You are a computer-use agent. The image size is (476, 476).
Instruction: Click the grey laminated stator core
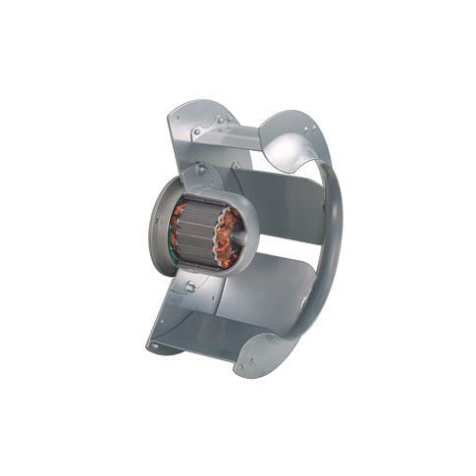point(196,236)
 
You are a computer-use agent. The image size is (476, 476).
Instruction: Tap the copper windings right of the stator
point(227,238)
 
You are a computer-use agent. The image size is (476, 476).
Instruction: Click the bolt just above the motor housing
point(201,169)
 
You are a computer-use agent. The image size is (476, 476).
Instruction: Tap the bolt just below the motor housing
point(188,288)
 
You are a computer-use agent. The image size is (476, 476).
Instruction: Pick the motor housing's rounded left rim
point(154,231)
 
